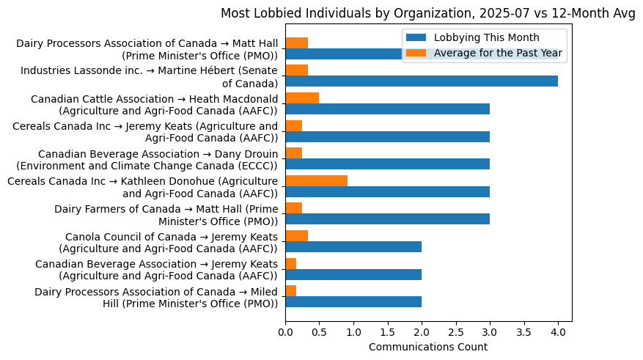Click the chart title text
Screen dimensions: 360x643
428,13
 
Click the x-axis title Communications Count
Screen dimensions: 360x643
428,347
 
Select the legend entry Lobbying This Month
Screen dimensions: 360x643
486,37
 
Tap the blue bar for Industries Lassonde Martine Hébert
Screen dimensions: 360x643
422,81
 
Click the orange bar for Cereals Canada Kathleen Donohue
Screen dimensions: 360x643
316,180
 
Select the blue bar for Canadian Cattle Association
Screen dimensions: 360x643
387,109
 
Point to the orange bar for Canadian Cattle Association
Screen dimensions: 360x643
302,98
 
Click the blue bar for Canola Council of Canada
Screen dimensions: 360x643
353,247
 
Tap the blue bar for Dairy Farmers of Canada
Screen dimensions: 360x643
387,219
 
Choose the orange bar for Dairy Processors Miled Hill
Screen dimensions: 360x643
291,291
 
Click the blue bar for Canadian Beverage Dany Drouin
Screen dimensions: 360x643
387,164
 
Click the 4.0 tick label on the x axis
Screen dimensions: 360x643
558,332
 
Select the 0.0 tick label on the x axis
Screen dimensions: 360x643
286,332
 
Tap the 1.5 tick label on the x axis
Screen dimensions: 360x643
388,332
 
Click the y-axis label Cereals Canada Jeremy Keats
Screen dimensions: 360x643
145,131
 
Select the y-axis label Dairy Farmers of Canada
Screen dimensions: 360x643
166,214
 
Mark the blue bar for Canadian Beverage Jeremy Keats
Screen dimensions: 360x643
353,274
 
